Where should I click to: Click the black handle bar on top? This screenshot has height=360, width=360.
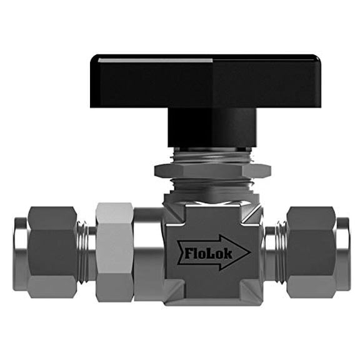click(x=206, y=71)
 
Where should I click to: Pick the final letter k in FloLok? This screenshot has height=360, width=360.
click(x=229, y=253)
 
